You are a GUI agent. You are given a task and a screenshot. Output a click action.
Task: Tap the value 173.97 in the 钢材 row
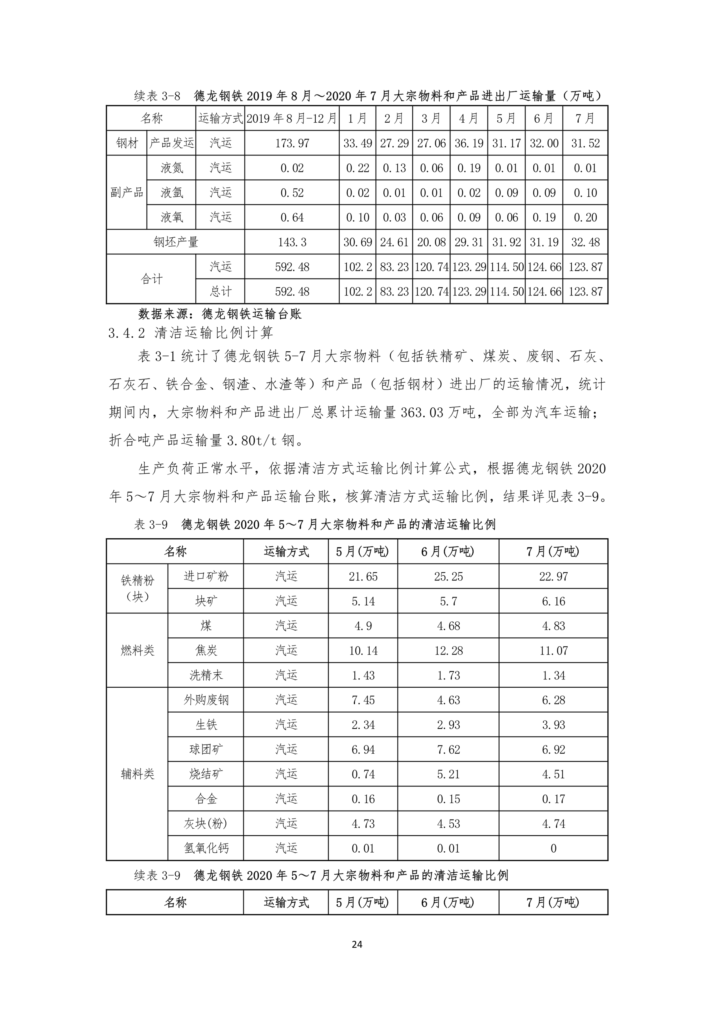292,143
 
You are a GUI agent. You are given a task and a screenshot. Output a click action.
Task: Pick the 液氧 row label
171,217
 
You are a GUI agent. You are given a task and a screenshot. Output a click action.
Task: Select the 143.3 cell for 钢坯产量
292,242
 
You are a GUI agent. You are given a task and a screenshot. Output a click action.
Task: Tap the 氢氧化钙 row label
206,848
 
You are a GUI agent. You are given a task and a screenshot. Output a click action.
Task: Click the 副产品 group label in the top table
127,193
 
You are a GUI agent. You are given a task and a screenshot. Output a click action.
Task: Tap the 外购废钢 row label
206,700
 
